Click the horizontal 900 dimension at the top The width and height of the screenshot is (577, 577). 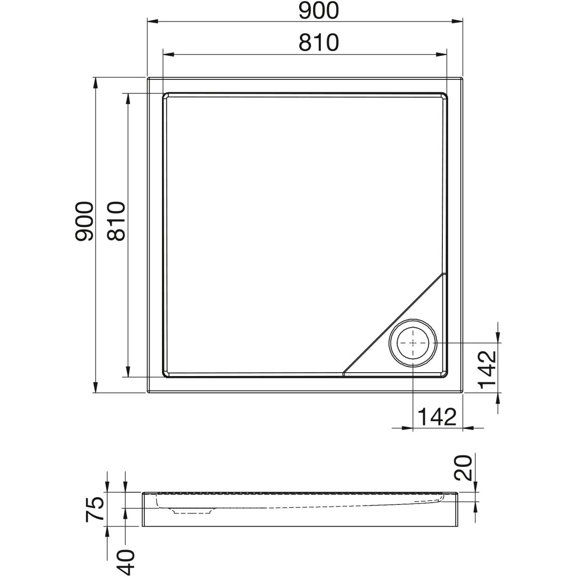[319, 11]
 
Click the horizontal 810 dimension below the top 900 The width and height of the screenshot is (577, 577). [319, 42]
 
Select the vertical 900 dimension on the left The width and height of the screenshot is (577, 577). [84, 221]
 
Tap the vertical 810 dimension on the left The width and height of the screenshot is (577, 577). [116, 221]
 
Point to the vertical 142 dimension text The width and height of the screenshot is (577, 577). [487, 370]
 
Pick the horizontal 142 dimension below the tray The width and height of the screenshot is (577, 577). [437, 417]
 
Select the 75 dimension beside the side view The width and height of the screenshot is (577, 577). [95, 509]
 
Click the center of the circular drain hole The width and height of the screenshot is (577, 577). [413, 343]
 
